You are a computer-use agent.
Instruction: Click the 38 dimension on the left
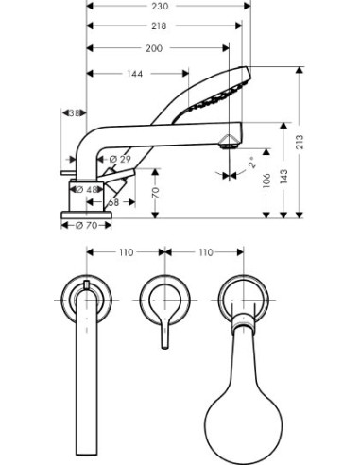[74, 113]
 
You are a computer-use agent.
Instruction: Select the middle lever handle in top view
[163, 311]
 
